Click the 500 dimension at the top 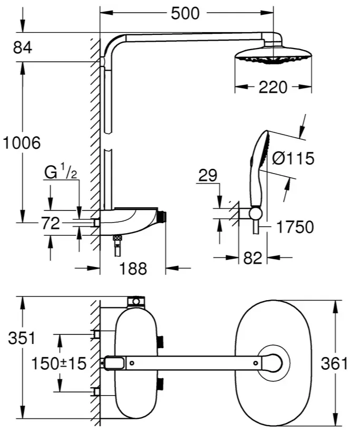click(185, 13)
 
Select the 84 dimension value click(23, 47)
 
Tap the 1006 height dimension click(22, 142)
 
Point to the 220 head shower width click(273, 87)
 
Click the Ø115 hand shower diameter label click(293, 158)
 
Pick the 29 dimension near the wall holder click(208, 175)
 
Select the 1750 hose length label click(295, 227)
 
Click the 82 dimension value click(252, 258)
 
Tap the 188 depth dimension click(133, 269)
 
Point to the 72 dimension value click(51, 223)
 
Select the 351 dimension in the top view click(22, 338)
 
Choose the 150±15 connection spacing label click(59, 363)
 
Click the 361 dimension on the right click(334, 363)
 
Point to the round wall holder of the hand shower click(256, 214)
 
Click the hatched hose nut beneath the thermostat click(117, 238)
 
